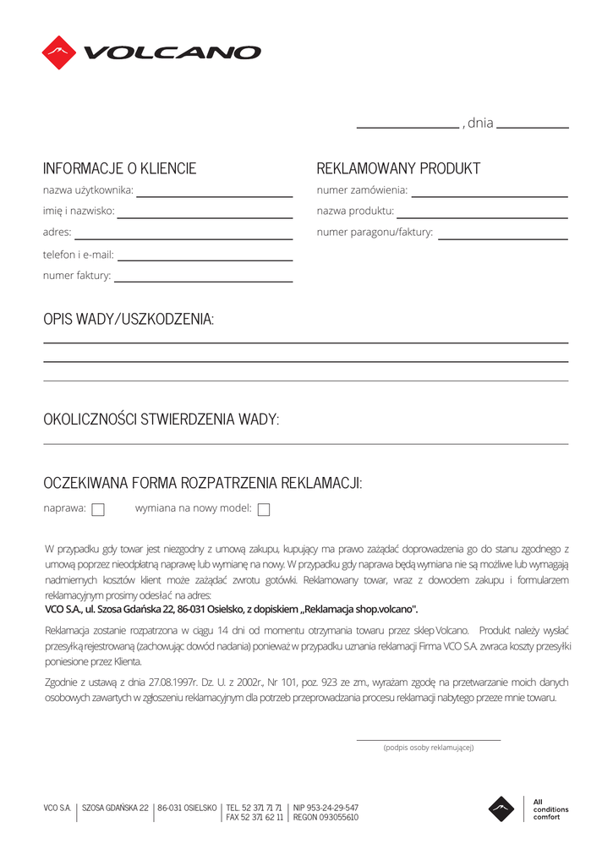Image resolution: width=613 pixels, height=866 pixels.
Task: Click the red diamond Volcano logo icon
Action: point(59,52)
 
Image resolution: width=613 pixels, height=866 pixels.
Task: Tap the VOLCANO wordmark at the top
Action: point(172,52)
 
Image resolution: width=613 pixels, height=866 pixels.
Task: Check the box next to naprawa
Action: point(97,510)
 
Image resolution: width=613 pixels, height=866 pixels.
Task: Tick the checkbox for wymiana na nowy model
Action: point(263,510)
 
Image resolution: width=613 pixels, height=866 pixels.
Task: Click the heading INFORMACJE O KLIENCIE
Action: point(119,168)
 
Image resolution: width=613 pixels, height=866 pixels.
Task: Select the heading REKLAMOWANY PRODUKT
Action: point(398,168)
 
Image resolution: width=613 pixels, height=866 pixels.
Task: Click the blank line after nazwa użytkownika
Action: point(215,195)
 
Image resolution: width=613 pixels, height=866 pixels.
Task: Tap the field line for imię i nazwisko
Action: point(205,216)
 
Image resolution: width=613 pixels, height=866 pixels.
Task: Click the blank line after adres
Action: point(183,238)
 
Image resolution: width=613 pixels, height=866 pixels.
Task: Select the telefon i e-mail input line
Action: point(205,259)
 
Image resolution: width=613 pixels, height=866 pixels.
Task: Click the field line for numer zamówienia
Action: point(489,195)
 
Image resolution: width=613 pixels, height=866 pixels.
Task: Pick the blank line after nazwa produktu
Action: point(482,216)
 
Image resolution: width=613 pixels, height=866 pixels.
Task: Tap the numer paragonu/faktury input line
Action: point(502,238)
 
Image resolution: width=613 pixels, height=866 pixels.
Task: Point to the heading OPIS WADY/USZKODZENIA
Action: point(129,319)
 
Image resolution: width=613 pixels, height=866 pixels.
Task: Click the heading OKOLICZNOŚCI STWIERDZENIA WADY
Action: point(161,419)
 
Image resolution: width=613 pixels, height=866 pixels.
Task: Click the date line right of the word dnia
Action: point(533,127)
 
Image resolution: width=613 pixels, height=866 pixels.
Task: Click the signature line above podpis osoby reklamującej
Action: point(429,739)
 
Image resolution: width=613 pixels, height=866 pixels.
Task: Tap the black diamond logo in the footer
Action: point(501,809)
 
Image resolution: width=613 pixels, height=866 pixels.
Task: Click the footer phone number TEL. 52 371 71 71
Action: point(254,808)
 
